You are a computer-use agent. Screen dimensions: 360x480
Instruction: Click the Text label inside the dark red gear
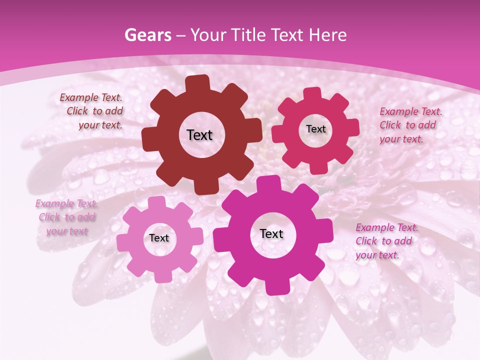[199, 135]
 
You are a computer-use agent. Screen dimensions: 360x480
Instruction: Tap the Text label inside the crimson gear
[315, 129]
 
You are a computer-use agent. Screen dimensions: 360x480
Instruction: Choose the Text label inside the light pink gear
[159, 238]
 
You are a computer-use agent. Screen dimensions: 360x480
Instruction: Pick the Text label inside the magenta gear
[271, 233]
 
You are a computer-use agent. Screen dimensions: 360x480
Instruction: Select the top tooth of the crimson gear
[312, 93]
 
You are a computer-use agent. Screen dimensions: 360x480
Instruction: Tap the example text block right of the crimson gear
[410, 125]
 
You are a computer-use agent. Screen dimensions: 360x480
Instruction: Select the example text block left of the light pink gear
[66, 217]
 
